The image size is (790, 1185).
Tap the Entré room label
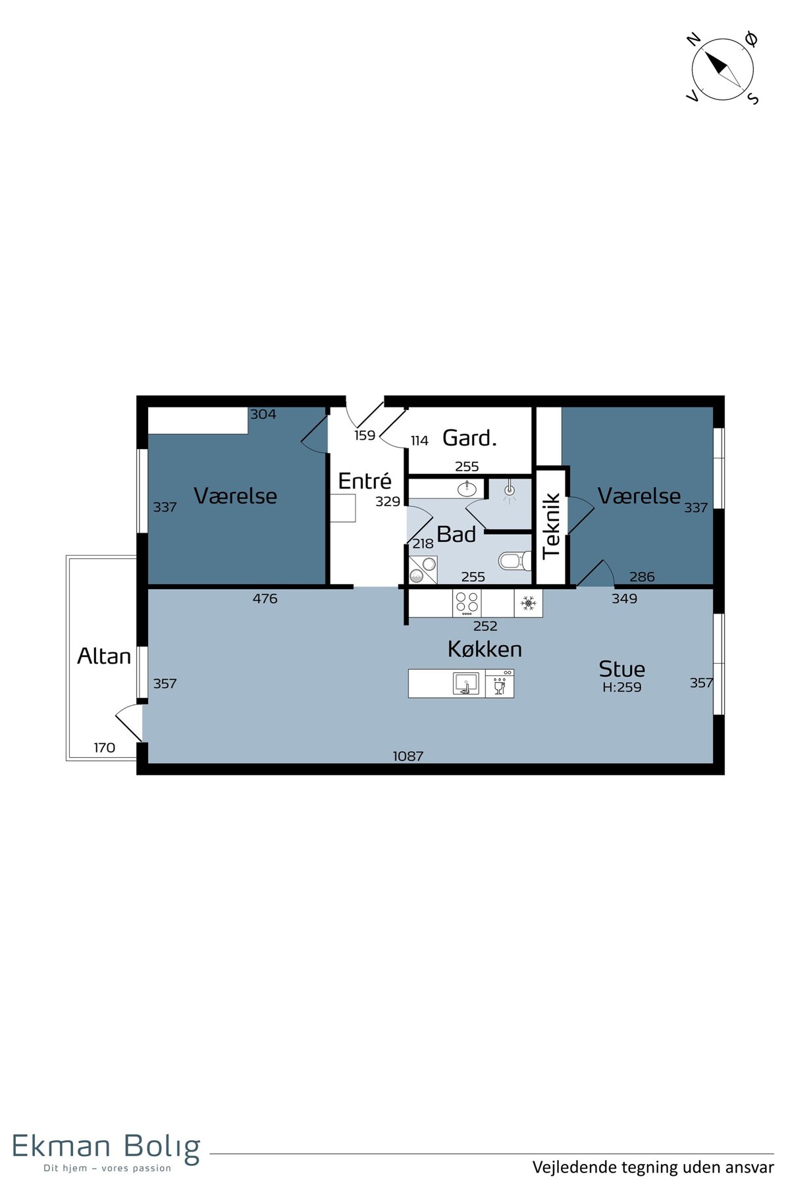click(x=365, y=481)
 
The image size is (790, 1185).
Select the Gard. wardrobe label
click(x=469, y=438)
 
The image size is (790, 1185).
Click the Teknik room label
click(x=552, y=527)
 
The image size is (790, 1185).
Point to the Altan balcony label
click(x=104, y=656)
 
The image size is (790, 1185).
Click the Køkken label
click(x=485, y=649)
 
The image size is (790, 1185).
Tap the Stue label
click(x=621, y=669)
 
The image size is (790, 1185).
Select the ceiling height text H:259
click(x=621, y=687)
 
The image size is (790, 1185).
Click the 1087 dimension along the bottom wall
click(x=408, y=756)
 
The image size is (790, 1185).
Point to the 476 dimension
click(x=265, y=598)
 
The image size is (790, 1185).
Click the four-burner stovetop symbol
click(x=467, y=603)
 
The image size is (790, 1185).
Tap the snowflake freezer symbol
click(x=528, y=603)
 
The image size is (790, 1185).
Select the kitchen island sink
click(x=466, y=683)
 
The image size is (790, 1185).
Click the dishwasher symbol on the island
click(x=500, y=683)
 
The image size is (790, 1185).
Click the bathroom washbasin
click(x=467, y=488)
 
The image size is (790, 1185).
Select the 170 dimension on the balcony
click(x=104, y=748)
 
